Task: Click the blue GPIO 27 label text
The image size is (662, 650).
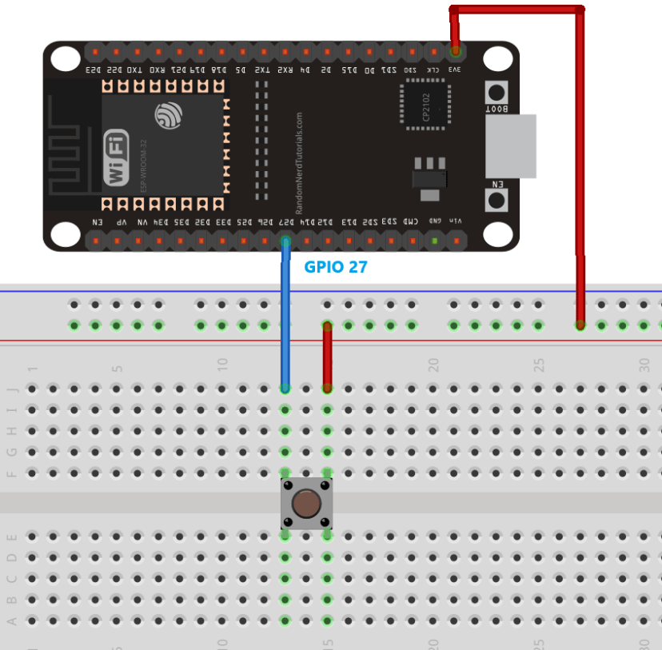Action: (x=336, y=267)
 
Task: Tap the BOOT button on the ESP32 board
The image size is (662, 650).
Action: (x=496, y=92)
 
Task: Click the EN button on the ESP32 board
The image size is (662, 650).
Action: (x=496, y=198)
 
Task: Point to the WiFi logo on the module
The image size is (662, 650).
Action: (x=116, y=158)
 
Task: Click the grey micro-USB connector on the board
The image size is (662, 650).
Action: (x=510, y=146)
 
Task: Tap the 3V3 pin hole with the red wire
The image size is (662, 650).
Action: (x=456, y=52)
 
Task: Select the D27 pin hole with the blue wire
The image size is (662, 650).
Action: (x=285, y=240)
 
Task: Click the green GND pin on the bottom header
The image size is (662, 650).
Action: (x=435, y=240)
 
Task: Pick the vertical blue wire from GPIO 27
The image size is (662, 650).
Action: (x=285, y=320)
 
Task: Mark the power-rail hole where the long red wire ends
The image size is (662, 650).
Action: (x=580, y=325)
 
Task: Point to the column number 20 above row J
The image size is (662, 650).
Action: (x=433, y=365)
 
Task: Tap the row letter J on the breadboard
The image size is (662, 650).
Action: (x=11, y=389)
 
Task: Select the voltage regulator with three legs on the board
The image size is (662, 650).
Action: (x=429, y=175)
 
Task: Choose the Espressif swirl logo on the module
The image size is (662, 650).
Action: (x=169, y=116)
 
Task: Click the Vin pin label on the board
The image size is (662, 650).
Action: (x=456, y=221)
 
